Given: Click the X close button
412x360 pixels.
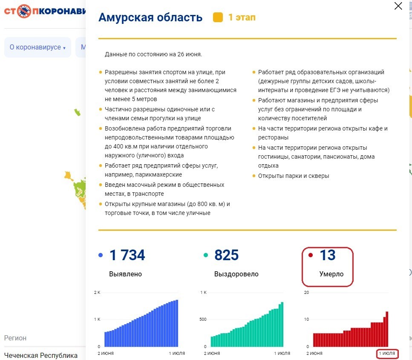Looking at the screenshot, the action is pos(398,6).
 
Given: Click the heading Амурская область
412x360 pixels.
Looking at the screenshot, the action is pos(150,17).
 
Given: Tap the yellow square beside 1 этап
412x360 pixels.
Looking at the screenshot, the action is pos(218,17).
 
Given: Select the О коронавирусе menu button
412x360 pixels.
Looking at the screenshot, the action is pos(37,47).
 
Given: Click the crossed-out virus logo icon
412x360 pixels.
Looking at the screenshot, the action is pos(24,11).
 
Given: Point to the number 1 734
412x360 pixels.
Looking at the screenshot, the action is pos(127,255).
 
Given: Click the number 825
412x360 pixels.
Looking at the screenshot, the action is pos(227,255).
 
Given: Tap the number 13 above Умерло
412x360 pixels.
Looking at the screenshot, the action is pos(328,255).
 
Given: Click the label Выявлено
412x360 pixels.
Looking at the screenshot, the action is pos(125,274).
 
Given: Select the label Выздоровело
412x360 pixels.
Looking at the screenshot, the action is pos(236,274).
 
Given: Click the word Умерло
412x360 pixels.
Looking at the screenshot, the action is pos(331,274).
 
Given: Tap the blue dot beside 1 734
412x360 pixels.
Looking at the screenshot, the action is pos(101,255).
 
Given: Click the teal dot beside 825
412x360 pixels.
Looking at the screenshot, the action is pos(206,255).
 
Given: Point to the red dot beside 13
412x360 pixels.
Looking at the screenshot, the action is pos(311,255).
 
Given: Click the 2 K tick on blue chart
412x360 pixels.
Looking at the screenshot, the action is pos(97,293).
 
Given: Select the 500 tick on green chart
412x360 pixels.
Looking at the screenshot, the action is pos(203,319).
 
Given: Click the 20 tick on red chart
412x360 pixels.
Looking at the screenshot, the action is pos(306,293).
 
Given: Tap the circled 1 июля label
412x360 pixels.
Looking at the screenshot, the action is pos(387,354).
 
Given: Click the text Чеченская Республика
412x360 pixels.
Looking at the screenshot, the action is pos(41,356).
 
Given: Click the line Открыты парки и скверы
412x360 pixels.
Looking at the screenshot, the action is pos(294,176).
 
